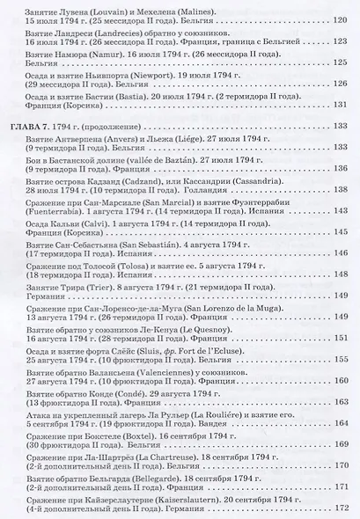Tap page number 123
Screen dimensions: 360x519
coord(343,41)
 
